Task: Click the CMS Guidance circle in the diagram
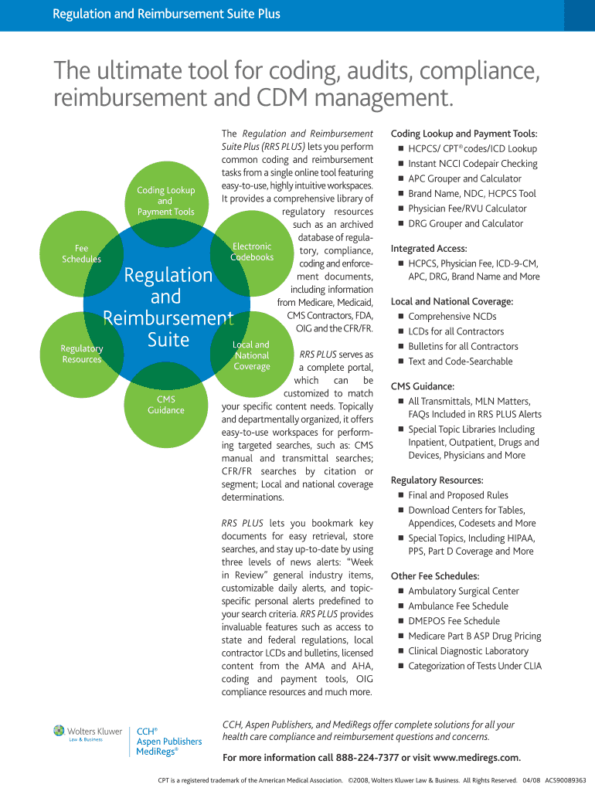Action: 166,405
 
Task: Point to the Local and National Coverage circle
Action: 251,355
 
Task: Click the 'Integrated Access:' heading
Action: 429,249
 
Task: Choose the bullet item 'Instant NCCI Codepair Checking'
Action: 473,164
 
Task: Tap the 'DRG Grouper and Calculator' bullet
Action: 465,224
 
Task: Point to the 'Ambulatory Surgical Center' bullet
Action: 464,592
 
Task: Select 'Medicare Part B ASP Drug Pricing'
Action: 474,637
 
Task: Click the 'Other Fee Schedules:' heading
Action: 435,576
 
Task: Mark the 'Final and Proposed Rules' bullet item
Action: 458,496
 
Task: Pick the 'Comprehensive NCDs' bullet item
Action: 452,317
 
